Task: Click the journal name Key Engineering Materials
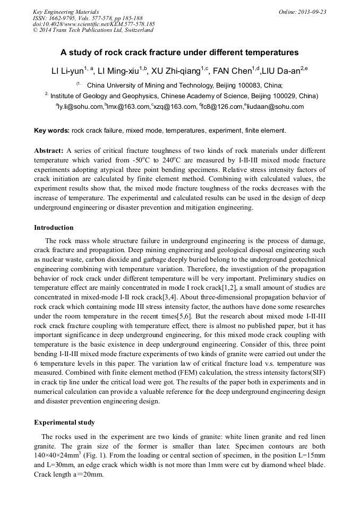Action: pos(66,12)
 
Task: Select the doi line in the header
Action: pos(93,24)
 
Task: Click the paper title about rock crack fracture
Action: pos(179,53)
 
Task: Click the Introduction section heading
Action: pos(54,228)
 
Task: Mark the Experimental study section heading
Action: pos(64,422)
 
